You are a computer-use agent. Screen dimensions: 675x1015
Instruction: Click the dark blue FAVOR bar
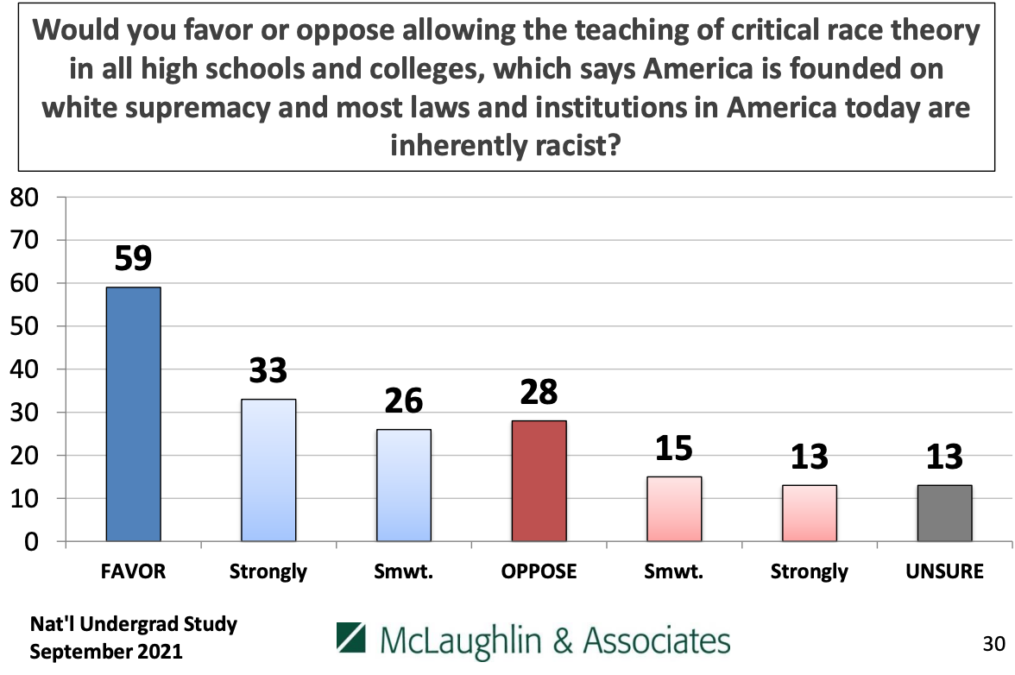(x=133, y=414)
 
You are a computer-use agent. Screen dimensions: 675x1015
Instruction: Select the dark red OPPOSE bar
(x=539, y=481)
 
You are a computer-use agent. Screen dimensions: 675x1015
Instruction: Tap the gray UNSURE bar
(x=944, y=513)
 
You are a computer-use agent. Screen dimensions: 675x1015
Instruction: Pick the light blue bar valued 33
(x=268, y=470)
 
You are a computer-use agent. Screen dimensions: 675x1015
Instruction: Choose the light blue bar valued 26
(x=403, y=485)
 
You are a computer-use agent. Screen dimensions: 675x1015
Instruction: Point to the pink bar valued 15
(x=674, y=508)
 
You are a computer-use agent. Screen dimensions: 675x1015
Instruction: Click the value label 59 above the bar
(x=133, y=259)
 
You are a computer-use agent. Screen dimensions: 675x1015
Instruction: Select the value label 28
(x=539, y=393)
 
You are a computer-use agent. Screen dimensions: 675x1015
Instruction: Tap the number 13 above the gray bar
(x=944, y=457)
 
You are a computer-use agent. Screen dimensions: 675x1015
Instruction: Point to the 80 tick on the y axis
(x=24, y=198)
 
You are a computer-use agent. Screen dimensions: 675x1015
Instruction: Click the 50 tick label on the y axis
(x=24, y=326)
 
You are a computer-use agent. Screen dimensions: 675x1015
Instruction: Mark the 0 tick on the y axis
(x=32, y=542)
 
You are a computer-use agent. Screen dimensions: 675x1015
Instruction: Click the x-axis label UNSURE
(x=944, y=572)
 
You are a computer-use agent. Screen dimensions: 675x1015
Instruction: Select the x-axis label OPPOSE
(x=539, y=572)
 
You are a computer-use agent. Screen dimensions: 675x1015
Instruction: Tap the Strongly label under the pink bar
(x=810, y=572)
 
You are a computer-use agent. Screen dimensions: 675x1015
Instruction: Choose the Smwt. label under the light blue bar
(x=403, y=572)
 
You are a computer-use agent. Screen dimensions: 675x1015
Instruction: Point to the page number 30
(x=993, y=643)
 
